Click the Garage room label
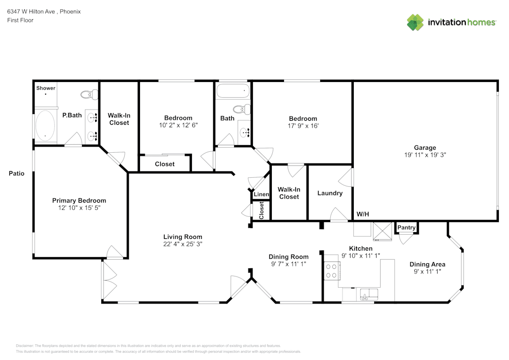tap(425, 148)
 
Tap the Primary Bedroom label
tap(79, 201)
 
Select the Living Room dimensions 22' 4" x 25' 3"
tap(183, 244)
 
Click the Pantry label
tap(407, 228)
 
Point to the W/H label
tap(363, 214)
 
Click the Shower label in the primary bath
tap(46, 88)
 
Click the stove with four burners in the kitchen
tap(332, 270)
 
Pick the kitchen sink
tap(366, 294)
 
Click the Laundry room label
tap(330, 193)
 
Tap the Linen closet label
tap(261, 195)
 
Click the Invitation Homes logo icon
tap(415, 22)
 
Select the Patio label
tap(16, 174)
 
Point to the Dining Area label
tap(428, 264)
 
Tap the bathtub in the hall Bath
tap(233, 92)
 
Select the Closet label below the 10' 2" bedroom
tap(164, 164)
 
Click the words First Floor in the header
tap(20, 20)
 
